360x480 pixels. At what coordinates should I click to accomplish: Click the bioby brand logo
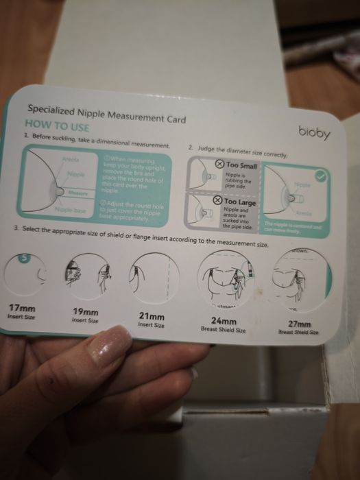(x=314, y=129)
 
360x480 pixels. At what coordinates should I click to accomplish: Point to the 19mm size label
(x=86, y=312)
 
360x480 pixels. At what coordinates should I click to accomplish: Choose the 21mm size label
(x=152, y=317)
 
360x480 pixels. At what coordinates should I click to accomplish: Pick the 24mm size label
(x=224, y=320)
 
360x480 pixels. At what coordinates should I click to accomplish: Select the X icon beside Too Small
(x=219, y=165)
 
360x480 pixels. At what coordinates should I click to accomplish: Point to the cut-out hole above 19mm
(x=88, y=277)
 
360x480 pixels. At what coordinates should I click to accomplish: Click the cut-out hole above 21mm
(x=152, y=281)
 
